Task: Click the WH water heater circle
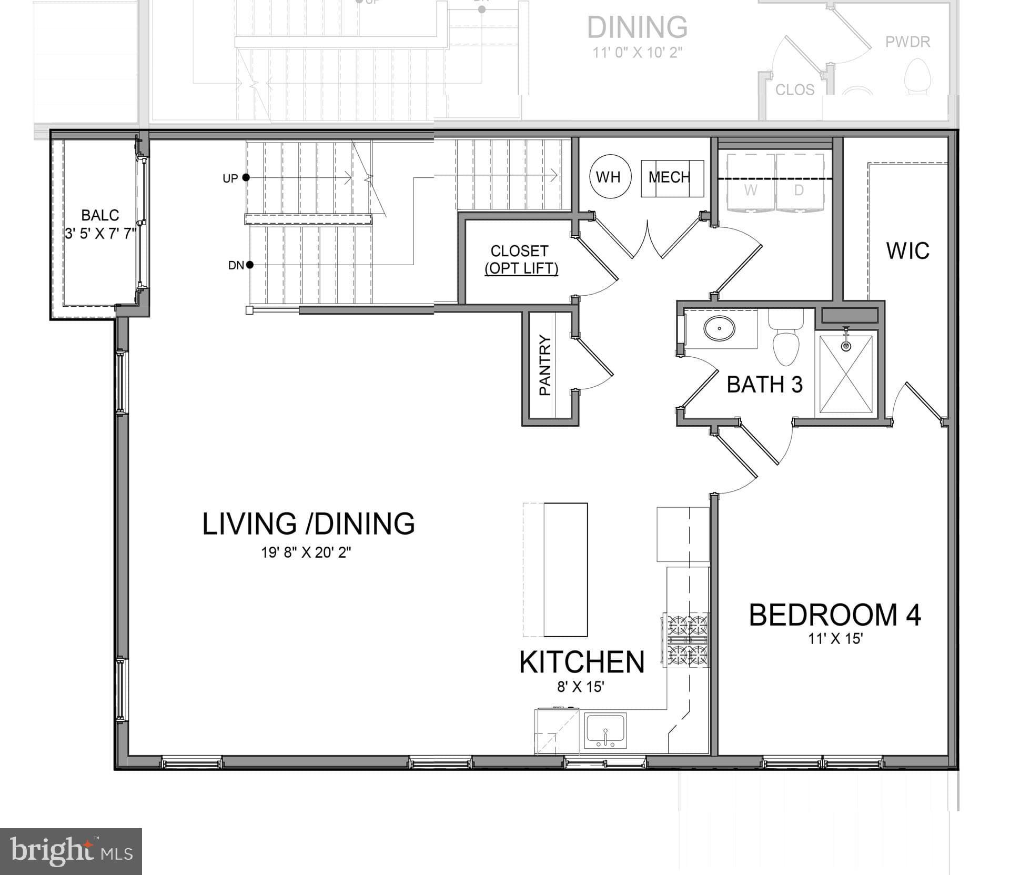pos(608,177)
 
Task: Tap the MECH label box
pos(672,178)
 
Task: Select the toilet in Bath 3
pos(785,343)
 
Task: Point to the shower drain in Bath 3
pos(846,346)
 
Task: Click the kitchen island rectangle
pos(565,570)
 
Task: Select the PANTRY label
pos(545,365)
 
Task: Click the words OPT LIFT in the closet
pos(521,268)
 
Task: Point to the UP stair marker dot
pos(246,177)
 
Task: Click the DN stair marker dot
pos(250,265)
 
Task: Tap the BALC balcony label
pos(99,215)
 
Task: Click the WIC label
pos(907,250)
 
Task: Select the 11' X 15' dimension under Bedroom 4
pos(835,639)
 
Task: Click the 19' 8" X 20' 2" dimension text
pos(306,552)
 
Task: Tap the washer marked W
pos(750,189)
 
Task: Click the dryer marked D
pos(799,189)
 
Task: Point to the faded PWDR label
pos(907,42)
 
